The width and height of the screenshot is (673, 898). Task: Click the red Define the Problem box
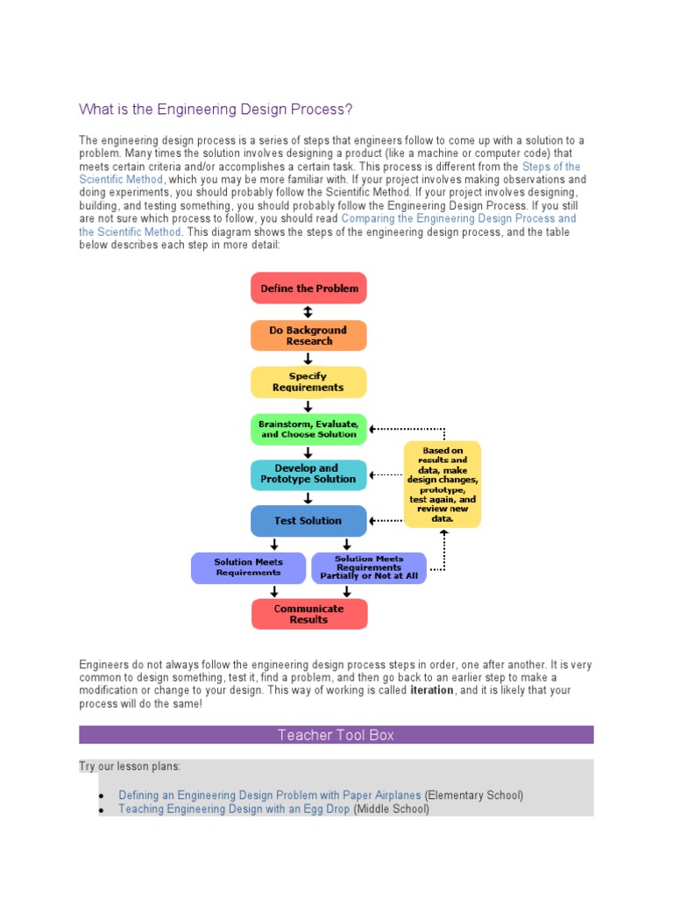[308, 288]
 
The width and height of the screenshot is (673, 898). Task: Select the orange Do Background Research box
[308, 336]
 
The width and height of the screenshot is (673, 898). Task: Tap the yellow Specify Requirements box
[308, 382]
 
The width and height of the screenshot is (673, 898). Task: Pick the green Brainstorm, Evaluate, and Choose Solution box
[308, 429]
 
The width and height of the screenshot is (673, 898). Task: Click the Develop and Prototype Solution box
[308, 474]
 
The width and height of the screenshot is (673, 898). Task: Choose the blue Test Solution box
[308, 521]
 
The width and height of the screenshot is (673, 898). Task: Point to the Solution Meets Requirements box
[248, 567]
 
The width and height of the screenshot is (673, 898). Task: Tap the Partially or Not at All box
[369, 568]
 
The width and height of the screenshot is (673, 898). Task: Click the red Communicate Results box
[308, 614]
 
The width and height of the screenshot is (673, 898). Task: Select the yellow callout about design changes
[443, 485]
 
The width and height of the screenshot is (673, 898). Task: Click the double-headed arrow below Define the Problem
[308, 312]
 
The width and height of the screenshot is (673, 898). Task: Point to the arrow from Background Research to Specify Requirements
[308, 359]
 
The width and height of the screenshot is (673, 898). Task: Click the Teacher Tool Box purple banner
[336, 735]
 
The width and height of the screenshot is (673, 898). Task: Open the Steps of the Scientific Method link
[550, 167]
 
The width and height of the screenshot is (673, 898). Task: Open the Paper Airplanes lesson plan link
[270, 795]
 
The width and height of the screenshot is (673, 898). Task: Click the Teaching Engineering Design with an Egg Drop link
[234, 809]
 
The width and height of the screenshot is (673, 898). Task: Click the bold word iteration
[432, 690]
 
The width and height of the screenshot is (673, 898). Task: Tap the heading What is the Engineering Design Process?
[216, 110]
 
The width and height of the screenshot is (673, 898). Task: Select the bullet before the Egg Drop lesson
[103, 810]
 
